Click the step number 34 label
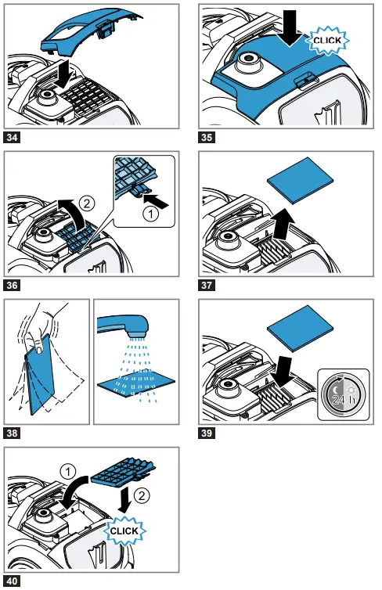point(12,137)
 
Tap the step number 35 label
point(206,137)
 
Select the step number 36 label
point(12,285)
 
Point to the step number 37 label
point(206,285)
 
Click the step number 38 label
point(12,433)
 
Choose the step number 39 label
point(206,433)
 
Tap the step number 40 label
point(12,581)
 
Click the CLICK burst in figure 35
point(327,40)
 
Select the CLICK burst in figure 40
point(124,531)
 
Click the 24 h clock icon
point(344,394)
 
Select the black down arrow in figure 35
point(290,28)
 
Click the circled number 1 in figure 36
point(151,214)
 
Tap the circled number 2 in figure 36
point(87,203)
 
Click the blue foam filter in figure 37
point(301,179)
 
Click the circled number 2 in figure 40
point(142,495)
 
